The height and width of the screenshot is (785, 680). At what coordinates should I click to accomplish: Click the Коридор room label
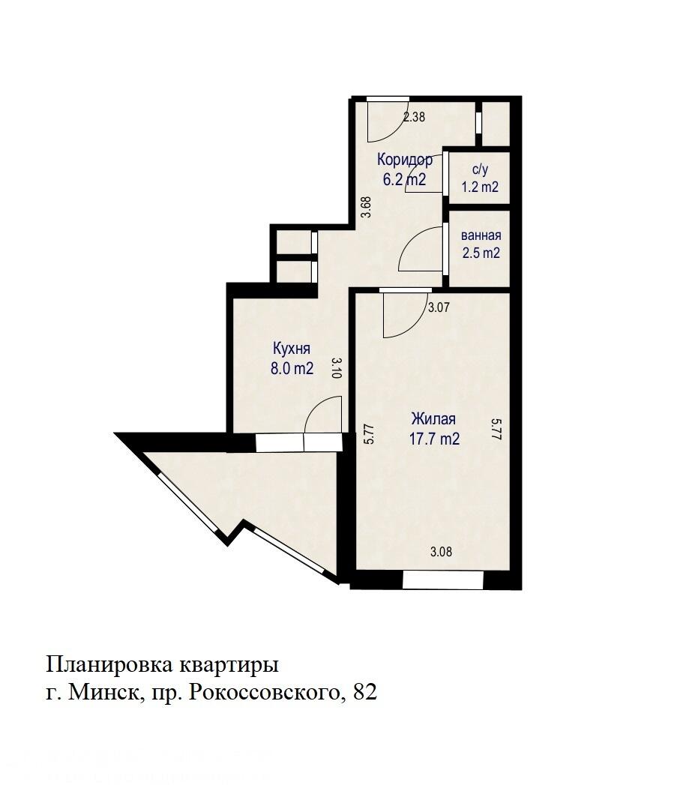pos(405,160)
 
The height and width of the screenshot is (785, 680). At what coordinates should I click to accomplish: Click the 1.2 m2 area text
pos(480,187)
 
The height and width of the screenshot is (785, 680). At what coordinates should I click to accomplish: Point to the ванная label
pos(481,236)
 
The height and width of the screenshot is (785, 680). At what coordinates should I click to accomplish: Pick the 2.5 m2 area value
pos(481,253)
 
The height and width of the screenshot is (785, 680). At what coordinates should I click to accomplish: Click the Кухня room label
pos(292,349)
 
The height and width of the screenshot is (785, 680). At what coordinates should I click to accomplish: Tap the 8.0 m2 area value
pos(292,367)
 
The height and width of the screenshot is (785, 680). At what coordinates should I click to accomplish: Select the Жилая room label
pos(433,420)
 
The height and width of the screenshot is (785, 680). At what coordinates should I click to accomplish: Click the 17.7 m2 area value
pos(433,439)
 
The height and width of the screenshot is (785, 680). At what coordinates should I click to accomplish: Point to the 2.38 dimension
pos(415,117)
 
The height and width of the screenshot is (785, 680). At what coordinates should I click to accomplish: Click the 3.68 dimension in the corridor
pos(366,207)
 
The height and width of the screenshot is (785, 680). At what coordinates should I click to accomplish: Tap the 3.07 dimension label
pos(439,307)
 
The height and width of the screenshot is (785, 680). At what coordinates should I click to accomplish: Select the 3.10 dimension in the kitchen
pos(337,368)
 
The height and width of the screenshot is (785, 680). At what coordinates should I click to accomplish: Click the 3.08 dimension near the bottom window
pos(441,553)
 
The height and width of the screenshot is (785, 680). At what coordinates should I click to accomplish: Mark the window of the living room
pos(442,580)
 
